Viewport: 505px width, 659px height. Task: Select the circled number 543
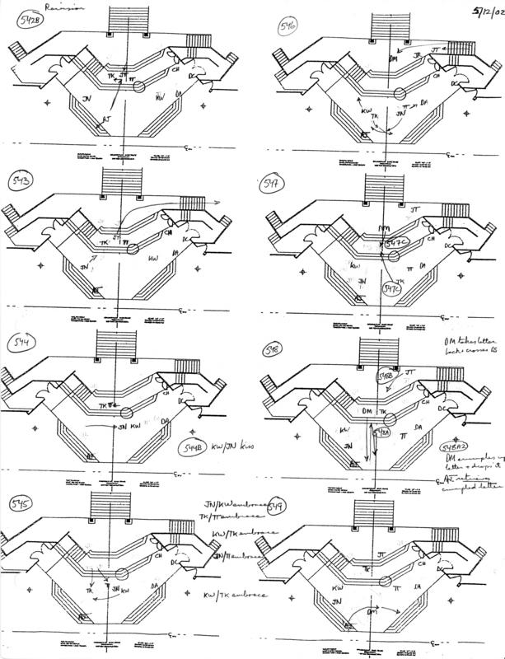tap(21, 180)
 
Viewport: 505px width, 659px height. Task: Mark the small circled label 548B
tap(384, 377)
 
